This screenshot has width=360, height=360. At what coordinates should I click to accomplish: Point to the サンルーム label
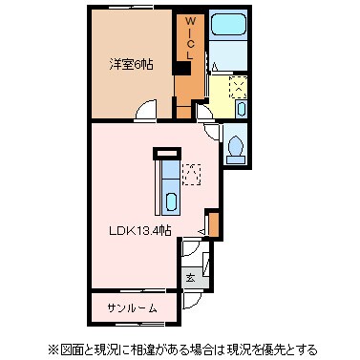[x=132, y=307]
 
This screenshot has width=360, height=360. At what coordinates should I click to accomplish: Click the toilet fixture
[x=237, y=149]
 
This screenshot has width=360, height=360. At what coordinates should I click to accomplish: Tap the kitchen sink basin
[x=170, y=201]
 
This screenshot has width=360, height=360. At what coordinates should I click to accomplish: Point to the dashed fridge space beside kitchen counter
[x=191, y=174]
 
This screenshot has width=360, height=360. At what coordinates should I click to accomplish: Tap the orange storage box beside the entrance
[x=213, y=224]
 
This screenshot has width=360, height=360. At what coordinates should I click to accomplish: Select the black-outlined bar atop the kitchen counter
[x=166, y=151]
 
